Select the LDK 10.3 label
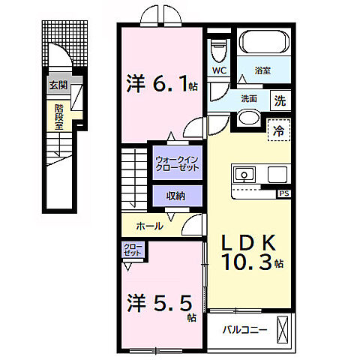248,251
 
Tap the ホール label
151,225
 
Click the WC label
220,72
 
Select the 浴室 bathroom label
262,72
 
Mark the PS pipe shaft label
283,193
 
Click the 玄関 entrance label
58,85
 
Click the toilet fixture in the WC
219,51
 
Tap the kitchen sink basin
244,175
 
